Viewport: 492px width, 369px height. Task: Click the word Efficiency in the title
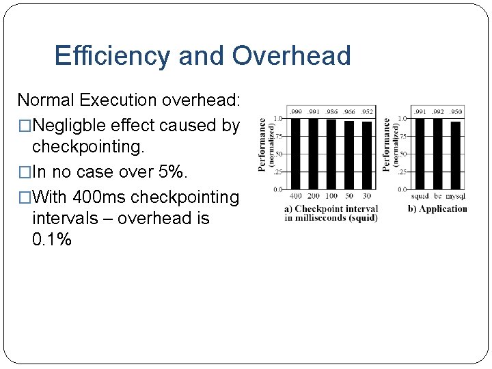click(113, 55)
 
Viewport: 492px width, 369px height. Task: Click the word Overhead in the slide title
click(291, 55)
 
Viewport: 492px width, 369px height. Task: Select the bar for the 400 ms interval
click(296, 154)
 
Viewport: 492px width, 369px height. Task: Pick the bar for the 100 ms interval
click(331, 154)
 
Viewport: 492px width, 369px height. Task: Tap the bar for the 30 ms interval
click(367, 155)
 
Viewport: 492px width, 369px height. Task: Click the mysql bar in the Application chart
click(456, 155)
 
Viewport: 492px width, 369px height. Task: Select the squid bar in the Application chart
click(420, 154)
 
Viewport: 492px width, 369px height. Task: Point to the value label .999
click(296, 111)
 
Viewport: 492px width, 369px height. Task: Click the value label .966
click(349, 111)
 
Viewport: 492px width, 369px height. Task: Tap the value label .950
click(456, 111)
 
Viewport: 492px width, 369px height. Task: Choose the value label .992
click(438, 111)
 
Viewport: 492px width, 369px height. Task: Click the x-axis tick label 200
click(314, 197)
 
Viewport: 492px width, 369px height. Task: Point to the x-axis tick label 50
click(349, 197)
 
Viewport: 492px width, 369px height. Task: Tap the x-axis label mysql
click(456, 197)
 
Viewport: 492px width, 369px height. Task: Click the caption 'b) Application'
click(437, 209)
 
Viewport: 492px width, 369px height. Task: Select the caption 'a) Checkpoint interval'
click(331, 209)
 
